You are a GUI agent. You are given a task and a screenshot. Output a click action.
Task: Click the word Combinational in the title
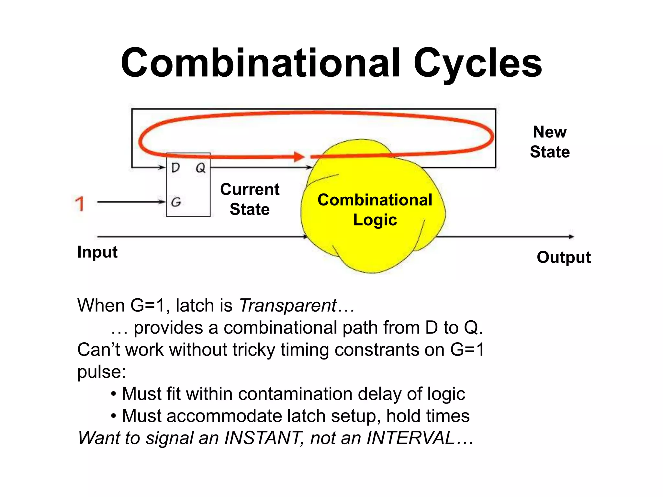tap(261, 63)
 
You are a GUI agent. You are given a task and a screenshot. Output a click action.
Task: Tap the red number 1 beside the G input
tap(80, 204)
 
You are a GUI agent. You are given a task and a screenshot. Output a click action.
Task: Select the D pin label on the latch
tap(175, 168)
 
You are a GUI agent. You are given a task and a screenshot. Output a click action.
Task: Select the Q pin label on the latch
tap(200, 168)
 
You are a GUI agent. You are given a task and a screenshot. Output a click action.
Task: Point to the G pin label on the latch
tap(176, 202)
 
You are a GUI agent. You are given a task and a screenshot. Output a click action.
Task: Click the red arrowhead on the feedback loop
tap(299, 157)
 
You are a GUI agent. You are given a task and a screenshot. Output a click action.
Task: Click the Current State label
tap(250, 199)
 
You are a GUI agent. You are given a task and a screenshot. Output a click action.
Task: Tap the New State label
tap(550, 142)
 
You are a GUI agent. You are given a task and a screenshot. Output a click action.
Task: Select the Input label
tap(97, 252)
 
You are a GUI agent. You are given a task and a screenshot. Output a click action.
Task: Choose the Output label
tap(564, 258)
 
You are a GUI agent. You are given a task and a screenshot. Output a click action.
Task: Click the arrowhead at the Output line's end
tap(571, 237)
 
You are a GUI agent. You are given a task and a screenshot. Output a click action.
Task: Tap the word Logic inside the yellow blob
tap(375, 220)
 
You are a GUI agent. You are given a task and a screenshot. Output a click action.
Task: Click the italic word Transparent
tap(288, 305)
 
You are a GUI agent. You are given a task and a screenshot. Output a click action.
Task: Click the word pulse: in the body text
tap(101, 372)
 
